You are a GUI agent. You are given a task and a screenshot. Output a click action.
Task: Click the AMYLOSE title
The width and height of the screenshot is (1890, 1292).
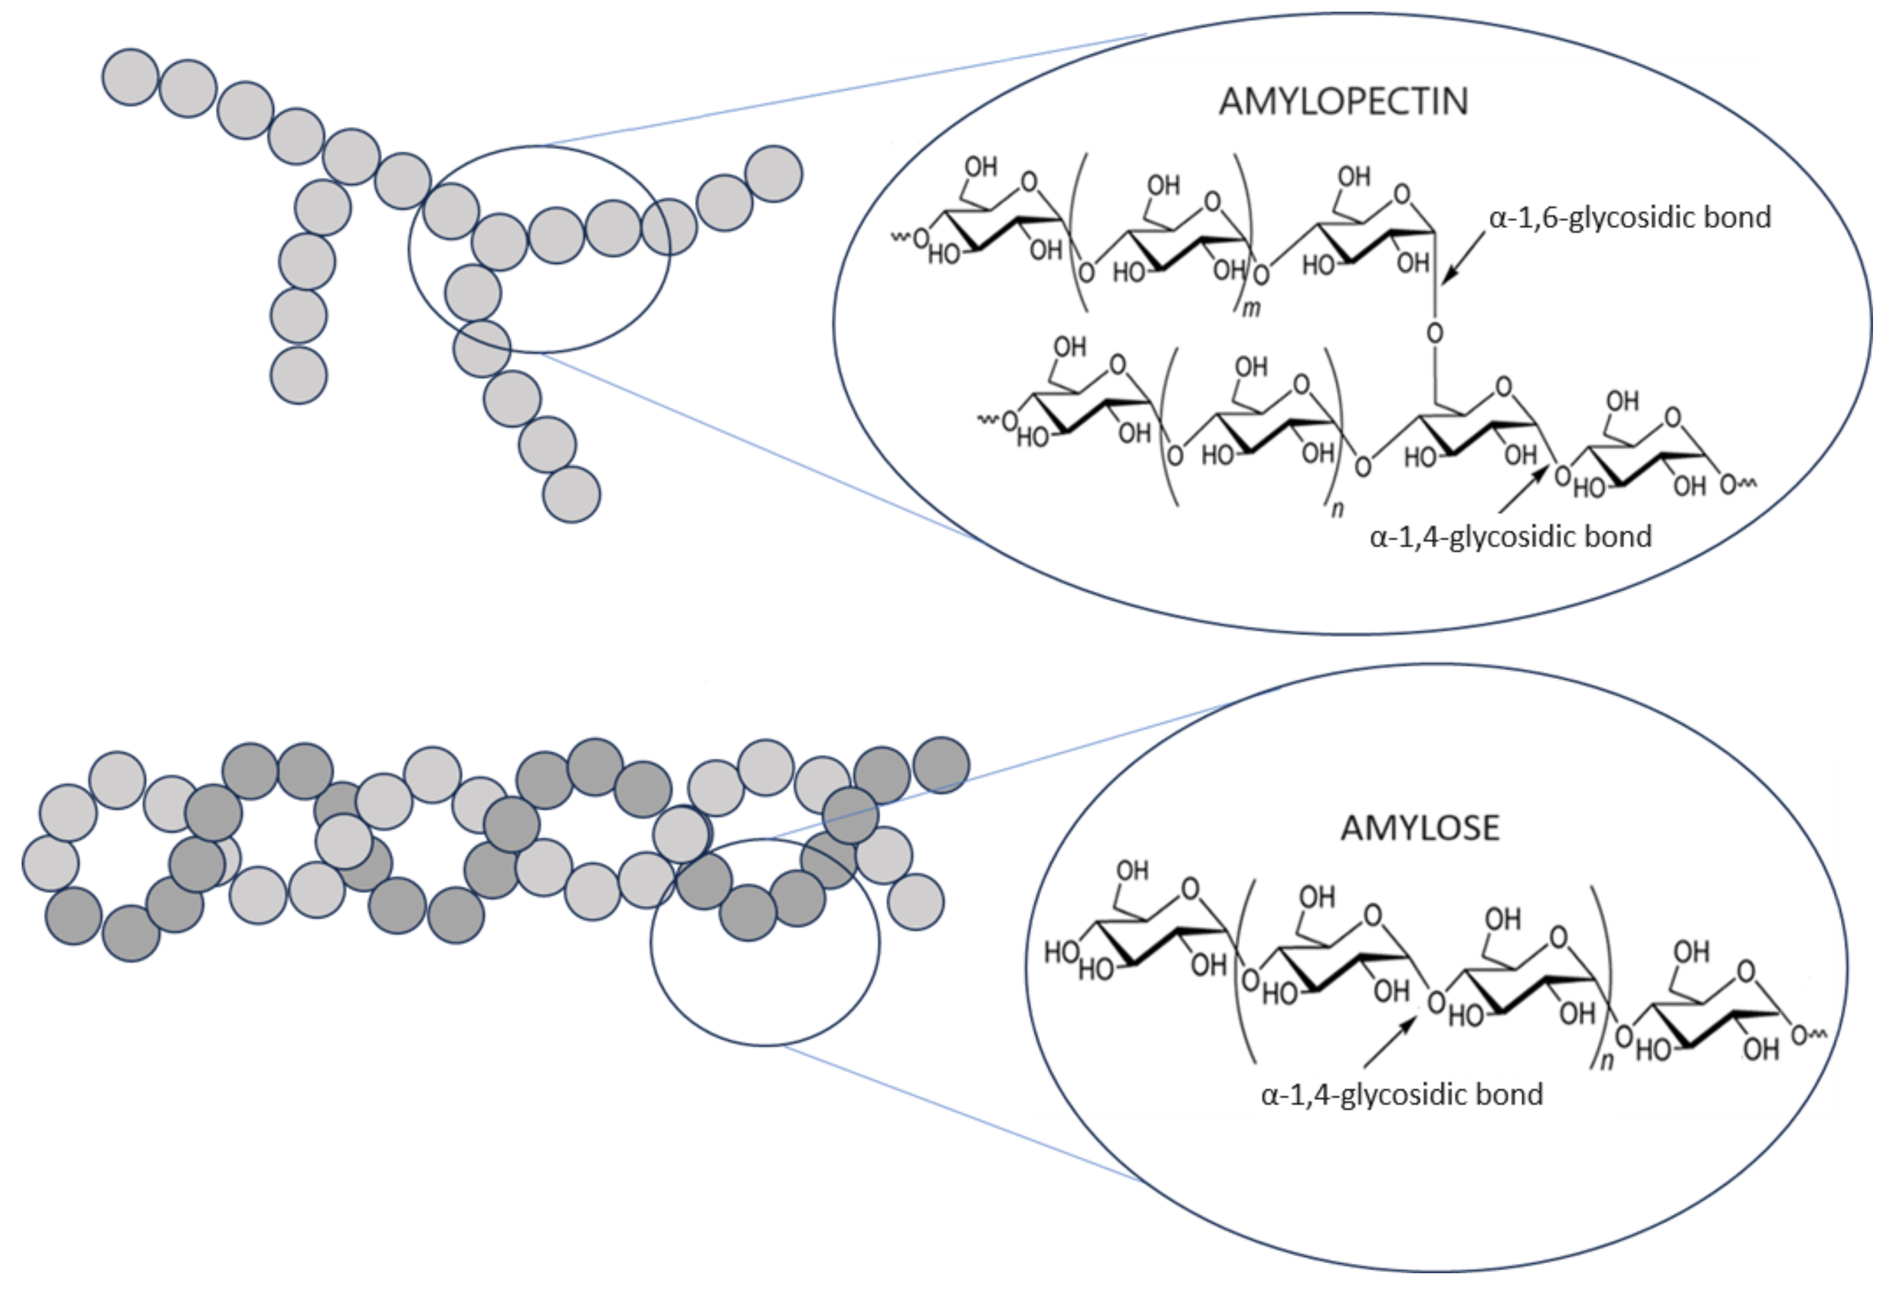(x=1419, y=828)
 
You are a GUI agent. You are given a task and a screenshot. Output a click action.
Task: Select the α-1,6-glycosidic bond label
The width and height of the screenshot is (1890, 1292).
(x=1630, y=218)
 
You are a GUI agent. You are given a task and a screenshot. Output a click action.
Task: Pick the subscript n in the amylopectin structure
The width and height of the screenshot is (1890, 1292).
(x=1336, y=510)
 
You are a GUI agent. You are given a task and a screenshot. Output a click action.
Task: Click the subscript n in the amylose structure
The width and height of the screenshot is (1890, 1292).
(x=1606, y=1061)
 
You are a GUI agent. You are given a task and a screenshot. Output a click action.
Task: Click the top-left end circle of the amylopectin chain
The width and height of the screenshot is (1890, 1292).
(x=130, y=77)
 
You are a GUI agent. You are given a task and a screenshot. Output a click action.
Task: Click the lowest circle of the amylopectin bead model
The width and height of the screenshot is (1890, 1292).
(x=572, y=494)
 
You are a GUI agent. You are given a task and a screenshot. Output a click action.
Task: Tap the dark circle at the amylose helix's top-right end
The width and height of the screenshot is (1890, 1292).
(x=941, y=765)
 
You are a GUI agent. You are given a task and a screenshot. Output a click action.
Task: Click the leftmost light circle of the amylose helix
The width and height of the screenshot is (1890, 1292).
(x=50, y=863)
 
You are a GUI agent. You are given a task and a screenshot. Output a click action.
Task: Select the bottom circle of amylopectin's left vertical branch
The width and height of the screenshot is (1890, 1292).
(x=299, y=376)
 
